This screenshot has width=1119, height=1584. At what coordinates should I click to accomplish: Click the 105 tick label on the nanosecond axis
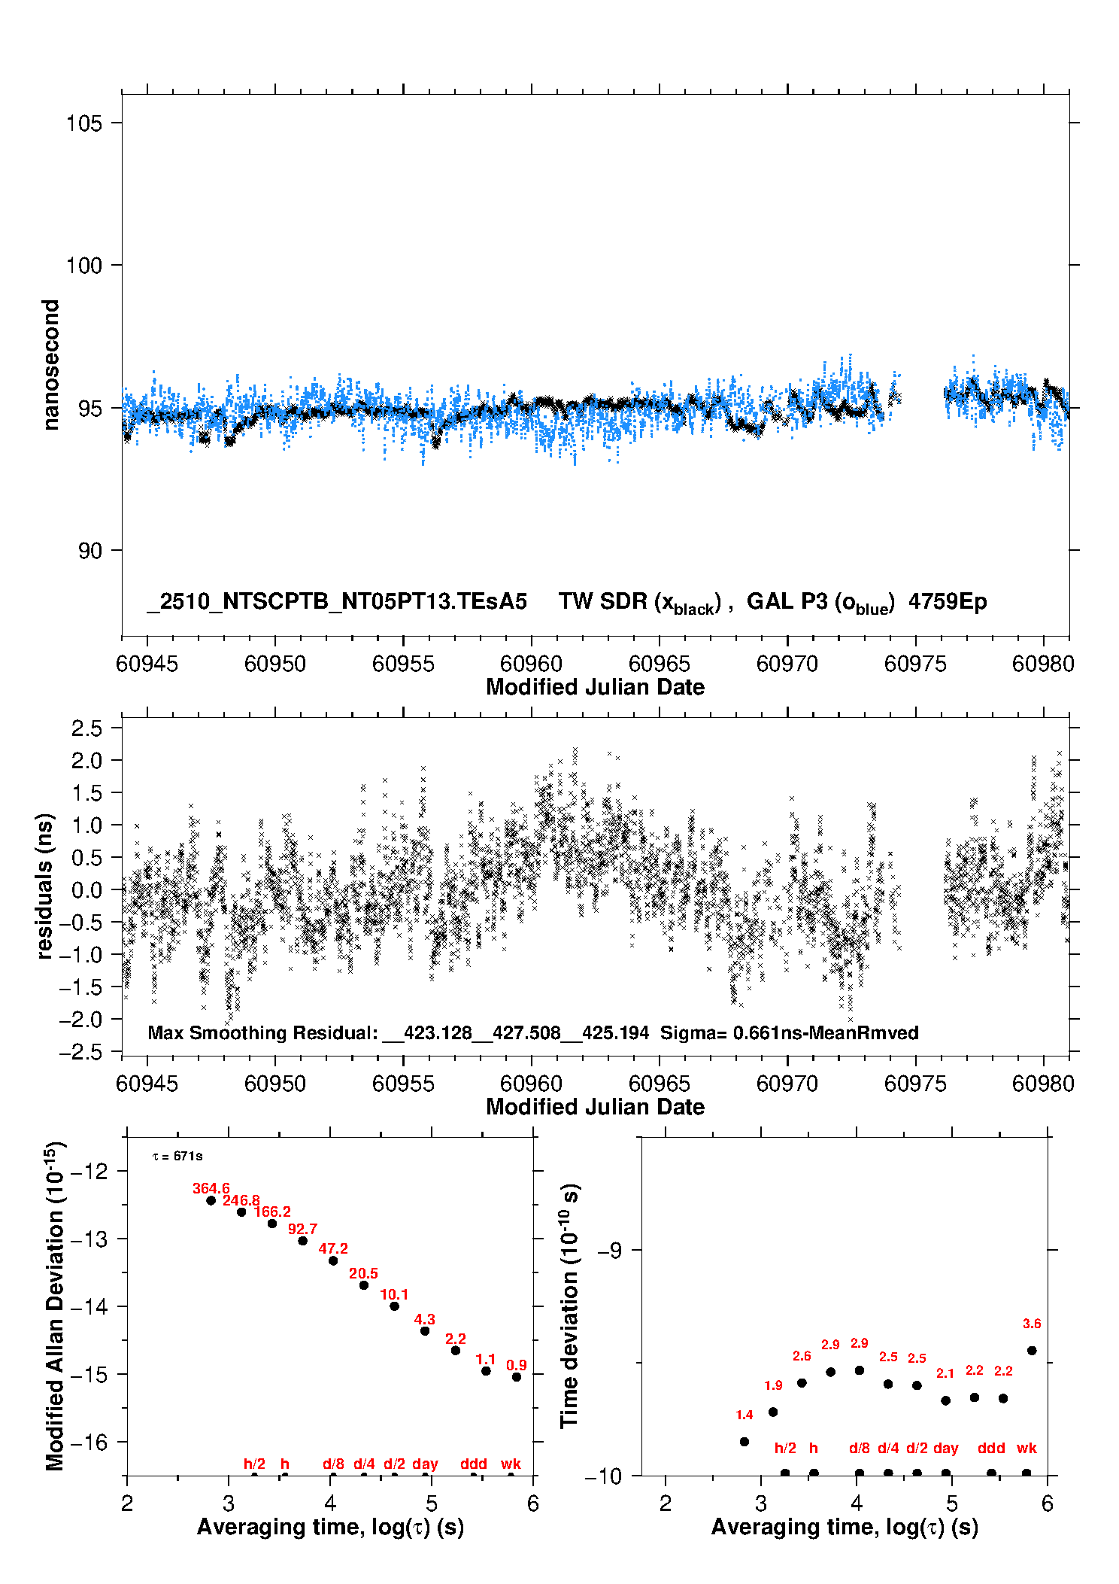point(83,123)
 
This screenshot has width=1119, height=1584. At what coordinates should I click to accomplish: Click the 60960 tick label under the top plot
point(531,664)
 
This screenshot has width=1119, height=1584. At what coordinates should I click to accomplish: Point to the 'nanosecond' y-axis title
point(50,365)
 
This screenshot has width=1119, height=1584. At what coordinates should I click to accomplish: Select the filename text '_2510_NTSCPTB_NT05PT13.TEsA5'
point(337,602)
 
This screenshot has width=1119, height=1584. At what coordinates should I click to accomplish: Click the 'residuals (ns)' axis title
point(45,886)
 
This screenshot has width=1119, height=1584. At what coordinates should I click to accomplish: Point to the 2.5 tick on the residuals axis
point(86,728)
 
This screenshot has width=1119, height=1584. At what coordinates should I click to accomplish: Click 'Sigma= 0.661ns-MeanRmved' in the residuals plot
point(789,1033)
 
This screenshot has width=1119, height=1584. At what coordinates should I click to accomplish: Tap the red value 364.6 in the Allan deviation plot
point(211,1188)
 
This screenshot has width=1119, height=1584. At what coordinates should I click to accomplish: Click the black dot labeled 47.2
point(333,1260)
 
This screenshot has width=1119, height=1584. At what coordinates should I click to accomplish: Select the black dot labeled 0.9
point(517,1377)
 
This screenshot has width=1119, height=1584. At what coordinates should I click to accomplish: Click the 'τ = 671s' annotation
point(177,1156)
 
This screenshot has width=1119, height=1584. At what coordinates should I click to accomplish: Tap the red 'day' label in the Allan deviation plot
point(425,1464)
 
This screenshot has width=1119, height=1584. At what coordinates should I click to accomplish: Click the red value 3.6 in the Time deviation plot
point(1032,1324)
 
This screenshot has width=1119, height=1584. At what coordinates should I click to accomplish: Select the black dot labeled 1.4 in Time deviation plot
point(744,1442)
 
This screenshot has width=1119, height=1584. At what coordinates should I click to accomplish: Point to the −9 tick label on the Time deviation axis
point(609,1251)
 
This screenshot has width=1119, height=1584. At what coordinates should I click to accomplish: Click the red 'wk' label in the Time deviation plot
point(1027,1448)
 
